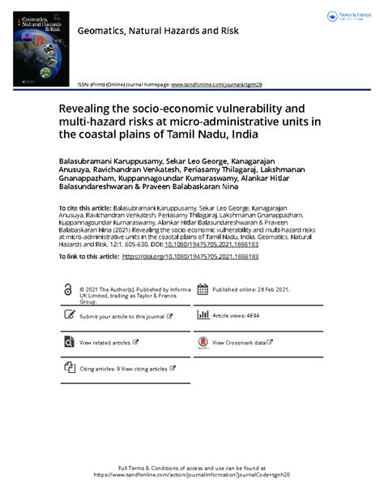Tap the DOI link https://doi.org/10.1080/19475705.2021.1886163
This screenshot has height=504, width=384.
190,256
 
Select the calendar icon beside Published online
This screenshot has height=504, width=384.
202,289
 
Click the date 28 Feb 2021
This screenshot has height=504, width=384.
272,288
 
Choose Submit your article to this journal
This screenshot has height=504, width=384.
122,316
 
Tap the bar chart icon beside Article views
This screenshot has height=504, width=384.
202,316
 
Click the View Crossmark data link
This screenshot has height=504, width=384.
241,343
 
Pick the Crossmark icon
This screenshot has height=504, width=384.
202,343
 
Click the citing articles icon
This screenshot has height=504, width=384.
68,369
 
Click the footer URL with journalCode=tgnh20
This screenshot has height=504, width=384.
192,475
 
